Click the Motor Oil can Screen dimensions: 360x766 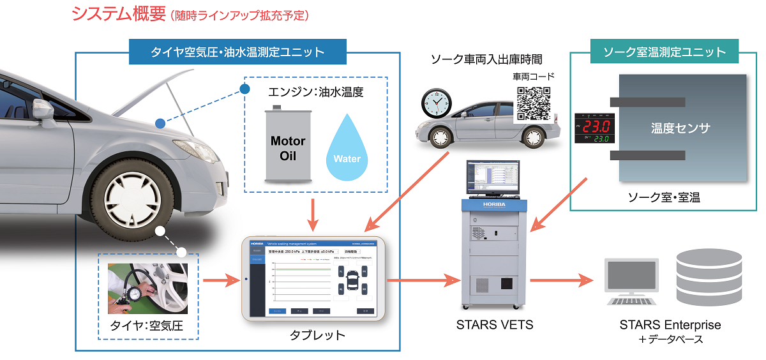tap(288, 147)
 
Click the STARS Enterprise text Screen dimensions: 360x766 tap(670, 325)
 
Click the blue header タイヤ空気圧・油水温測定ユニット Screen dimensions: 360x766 tap(237, 52)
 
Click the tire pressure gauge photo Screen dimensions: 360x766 tap(148, 289)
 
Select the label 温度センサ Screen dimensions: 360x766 tap(680, 128)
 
